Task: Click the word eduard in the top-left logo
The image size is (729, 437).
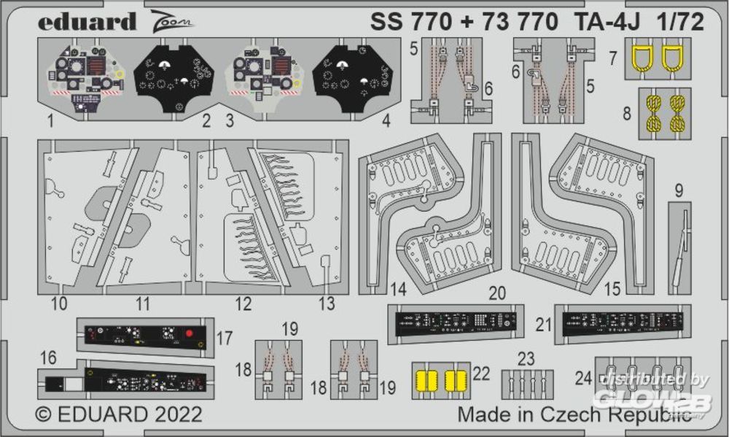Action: click(x=87, y=21)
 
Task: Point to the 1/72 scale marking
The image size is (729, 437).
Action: click(x=680, y=21)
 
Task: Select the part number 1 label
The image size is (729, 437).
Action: click(x=51, y=121)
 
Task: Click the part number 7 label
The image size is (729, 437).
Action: click(x=613, y=58)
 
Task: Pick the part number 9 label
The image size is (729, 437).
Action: click(x=679, y=190)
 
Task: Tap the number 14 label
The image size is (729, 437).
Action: click(x=399, y=289)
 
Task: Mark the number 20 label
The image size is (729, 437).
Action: click(x=497, y=293)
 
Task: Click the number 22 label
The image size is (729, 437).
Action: click(x=482, y=374)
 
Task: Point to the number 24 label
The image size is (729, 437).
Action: click(x=583, y=379)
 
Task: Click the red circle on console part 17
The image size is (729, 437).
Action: click(x=190, y=333)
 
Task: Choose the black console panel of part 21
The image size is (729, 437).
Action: click(x=623, y=323)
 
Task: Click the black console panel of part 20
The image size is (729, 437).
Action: click(x=456, y=322)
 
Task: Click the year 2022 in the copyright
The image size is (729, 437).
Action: click(x=178, y=414)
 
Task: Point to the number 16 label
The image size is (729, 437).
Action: click(x=48, y=358)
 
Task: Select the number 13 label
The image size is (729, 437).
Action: click(x=327, y=304)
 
